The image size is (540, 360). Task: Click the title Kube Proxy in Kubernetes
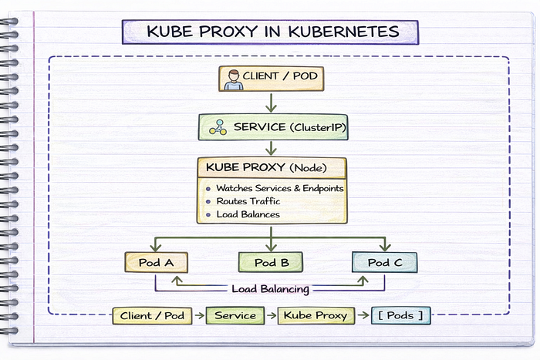tap(273, 32)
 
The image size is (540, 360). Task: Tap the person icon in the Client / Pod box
tap(234, 80)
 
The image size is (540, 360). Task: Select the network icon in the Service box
tap(218, 127)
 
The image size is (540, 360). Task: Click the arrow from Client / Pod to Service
tap(272, 103)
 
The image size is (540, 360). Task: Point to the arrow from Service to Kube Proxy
tap(272, 148)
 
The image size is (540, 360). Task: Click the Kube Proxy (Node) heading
tap(266, 167)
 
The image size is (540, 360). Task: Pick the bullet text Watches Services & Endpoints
tap(279, 188)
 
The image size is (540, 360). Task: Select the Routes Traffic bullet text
tap(248, 201)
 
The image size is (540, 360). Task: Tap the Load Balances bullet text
tap(248, 214)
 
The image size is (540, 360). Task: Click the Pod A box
tap(156, 262)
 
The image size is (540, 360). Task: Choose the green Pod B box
tap(271, 262)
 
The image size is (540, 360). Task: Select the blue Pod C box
tap(385, 262)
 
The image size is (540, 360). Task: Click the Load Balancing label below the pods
tap(270, 289)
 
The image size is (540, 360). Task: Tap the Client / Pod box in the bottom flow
tap(152, 315)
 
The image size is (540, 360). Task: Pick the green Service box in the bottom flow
tap(235, 315)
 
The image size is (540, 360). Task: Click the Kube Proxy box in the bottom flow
tap(316, 315)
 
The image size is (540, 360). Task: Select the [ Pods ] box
tap(401, 315)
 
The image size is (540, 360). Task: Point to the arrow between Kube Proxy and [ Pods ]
tap(363, 315)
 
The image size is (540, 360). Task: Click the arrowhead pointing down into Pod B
tap(272, 247)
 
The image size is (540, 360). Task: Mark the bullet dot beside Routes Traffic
tap(208, 202)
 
